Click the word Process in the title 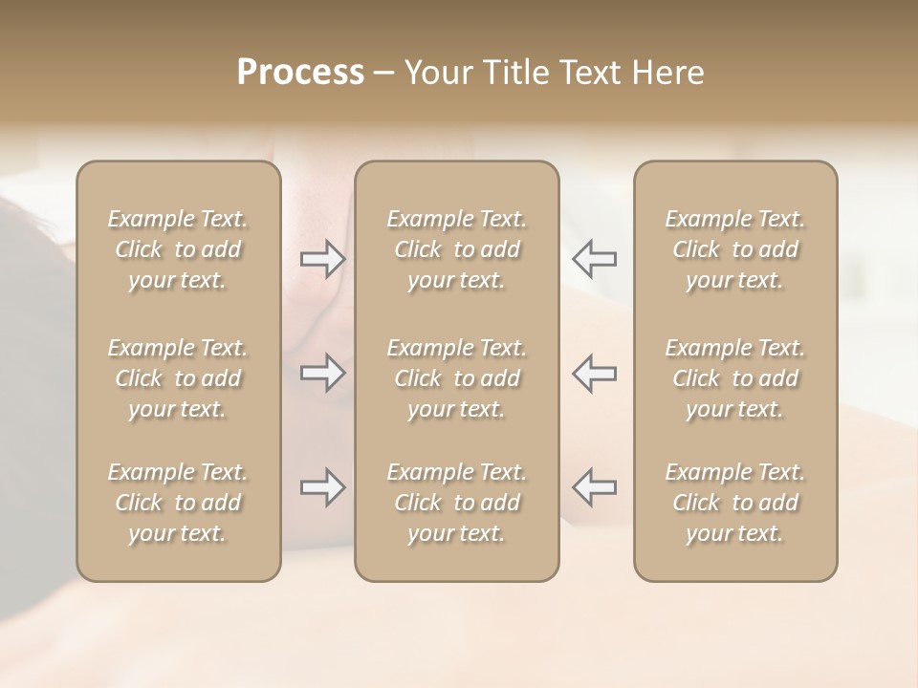(300, 73)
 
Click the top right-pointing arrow (322, 259)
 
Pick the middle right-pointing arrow (322, 373)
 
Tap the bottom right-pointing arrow (322, 487)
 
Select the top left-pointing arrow (595, 259)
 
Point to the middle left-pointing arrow (595, 373)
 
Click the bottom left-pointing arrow (595, 487)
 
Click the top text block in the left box (178, 249)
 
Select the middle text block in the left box (178, 378)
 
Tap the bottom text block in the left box (178, 503)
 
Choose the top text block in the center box (456, 249)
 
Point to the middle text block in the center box (456, 378)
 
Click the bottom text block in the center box (456, 503)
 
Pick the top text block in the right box (735, 249)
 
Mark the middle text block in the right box (735, 378)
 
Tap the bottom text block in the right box (735, 503)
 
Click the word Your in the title (434, 73)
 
